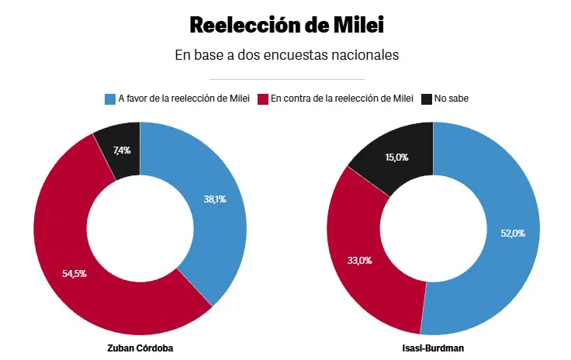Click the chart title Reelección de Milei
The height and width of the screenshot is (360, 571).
286,25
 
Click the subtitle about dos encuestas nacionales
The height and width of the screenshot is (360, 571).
286,56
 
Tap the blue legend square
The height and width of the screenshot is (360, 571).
109,99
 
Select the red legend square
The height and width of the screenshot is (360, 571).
263,99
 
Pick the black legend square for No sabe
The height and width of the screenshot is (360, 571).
426,99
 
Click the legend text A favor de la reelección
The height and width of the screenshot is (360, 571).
183,99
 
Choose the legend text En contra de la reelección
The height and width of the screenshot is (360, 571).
341,99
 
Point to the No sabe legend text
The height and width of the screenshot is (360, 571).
452,99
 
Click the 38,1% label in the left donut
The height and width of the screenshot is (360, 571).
215,199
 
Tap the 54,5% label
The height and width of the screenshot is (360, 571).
74,273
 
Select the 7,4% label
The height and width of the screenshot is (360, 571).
122,151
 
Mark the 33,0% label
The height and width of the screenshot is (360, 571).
359,260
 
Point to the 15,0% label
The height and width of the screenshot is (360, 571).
396,157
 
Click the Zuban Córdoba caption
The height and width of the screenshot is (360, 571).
140,348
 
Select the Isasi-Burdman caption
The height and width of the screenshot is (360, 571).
433,348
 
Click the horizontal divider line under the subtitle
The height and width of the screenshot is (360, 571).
286,79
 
